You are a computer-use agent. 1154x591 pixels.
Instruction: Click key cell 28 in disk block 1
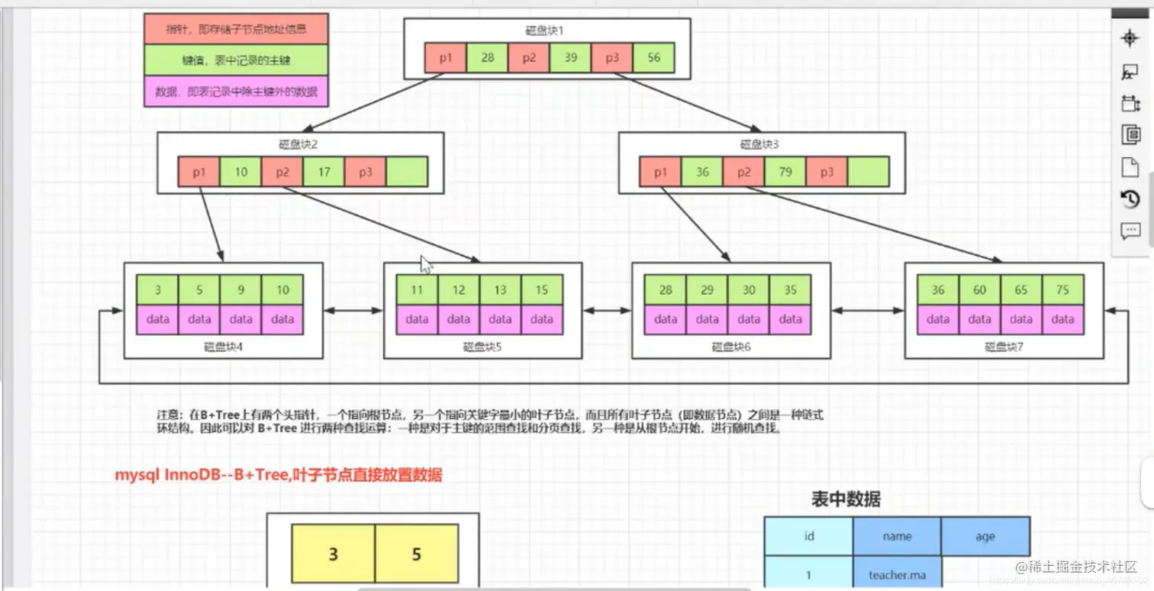487,58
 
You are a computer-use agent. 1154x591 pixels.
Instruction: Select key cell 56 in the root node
653,58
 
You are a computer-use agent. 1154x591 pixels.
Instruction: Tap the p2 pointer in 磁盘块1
528,58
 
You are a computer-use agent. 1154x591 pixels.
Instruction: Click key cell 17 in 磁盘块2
324,172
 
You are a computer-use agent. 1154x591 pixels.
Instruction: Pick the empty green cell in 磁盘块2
407,172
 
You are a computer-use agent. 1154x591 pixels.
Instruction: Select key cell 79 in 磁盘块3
785,172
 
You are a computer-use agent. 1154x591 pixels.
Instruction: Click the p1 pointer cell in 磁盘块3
660,172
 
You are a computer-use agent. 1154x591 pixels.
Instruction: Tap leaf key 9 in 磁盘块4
240,290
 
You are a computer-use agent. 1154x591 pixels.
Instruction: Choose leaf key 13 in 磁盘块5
500,290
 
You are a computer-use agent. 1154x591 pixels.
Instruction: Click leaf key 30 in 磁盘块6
749,290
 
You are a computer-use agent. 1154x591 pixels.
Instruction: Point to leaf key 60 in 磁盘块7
979,290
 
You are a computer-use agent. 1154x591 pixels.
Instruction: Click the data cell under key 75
1062,319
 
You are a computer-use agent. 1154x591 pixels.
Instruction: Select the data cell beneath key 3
157,319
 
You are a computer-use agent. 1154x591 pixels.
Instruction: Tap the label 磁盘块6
731,347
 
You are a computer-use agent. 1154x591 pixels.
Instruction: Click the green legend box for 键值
236,60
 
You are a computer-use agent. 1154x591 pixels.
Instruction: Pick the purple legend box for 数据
236,92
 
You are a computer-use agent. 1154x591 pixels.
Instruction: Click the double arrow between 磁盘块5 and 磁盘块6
607,311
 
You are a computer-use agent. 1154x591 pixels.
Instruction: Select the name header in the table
897,536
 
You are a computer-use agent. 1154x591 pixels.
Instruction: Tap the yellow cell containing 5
416,554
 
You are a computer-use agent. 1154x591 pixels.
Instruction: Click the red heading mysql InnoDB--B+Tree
278,475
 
